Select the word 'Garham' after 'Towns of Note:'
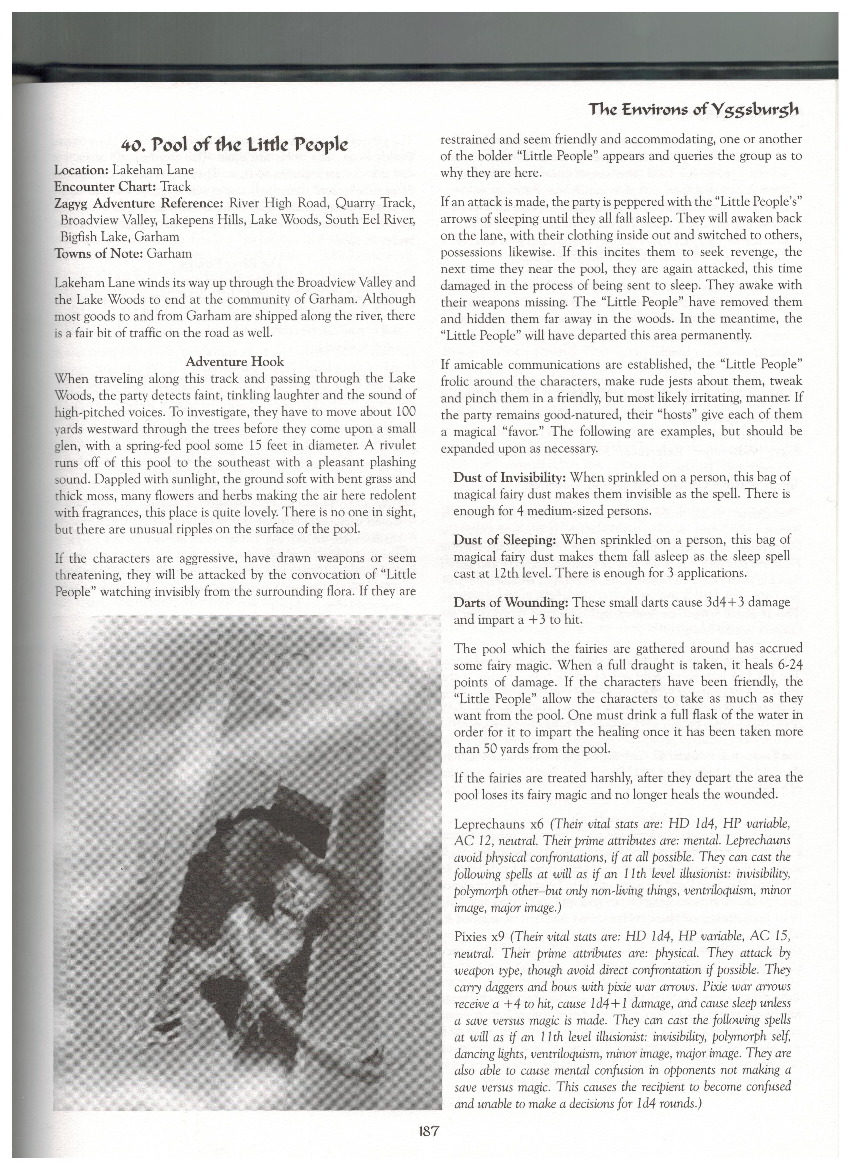[169, 253]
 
